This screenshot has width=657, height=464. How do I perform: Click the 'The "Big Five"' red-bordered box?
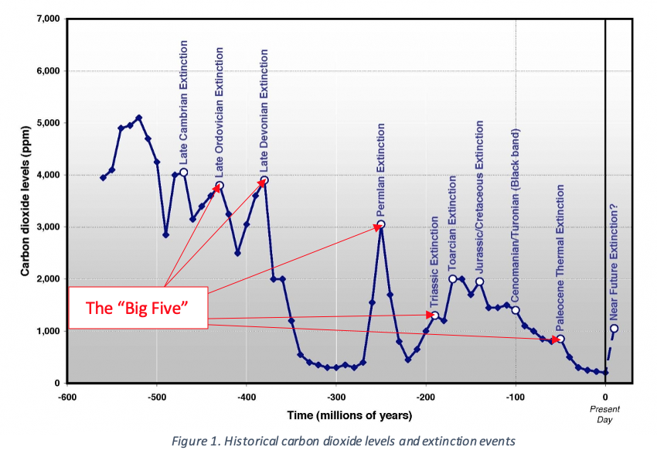[138, 308]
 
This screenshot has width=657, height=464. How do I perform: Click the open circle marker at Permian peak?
[380, 224]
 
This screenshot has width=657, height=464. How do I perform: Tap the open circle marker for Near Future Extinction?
[614, 328]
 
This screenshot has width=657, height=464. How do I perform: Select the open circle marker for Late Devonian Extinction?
[264, 180]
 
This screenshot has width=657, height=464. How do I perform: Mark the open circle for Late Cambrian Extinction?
[184, 172]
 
